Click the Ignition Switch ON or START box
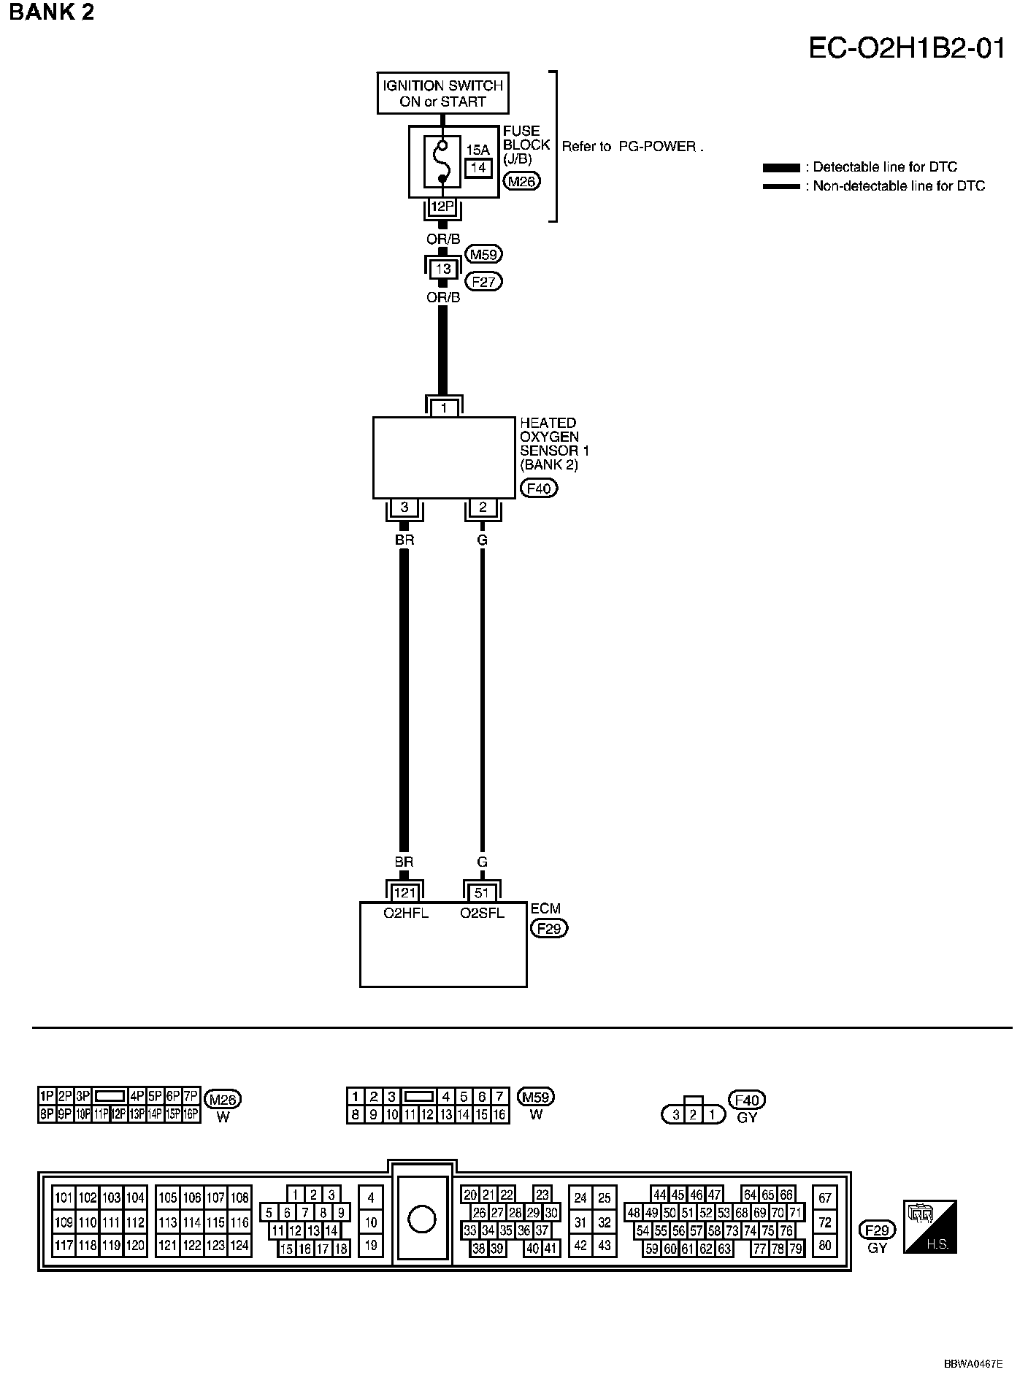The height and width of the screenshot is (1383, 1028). pyautogui.click(x=442, y=93)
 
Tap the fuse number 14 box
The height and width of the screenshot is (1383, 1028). pyautogui.click(x=478, y=167)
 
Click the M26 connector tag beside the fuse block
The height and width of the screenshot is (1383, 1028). pyautogui.click(x=521, y=182)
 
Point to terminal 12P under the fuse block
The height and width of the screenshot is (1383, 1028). pyautogui.click(x=442, y=207)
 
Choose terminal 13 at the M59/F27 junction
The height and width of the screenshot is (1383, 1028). pyautogui.click(x=443, y=269)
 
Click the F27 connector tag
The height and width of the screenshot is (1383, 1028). pyautogui.click(x=483, y=281)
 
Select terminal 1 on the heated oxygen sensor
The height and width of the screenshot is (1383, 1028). pyautogui.click(x=443, y=408)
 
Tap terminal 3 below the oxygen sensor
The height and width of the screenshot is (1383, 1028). pyautogui.click(x=404, y=507)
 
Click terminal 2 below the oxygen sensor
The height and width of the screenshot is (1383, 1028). pyautogui.click(x=482, y=507)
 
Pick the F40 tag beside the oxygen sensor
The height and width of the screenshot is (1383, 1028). pyautogui.click(x=538, y=488)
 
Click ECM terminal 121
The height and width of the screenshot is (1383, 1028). pyautogui.click(x=404, y=892)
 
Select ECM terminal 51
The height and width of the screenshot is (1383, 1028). pyautogui.click(x=482, y=892)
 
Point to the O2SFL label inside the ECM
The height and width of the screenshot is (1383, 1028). pyautogui.click(x=482, y=913)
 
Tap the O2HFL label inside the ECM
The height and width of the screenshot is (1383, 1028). pyautogui.click(x=404, y=913)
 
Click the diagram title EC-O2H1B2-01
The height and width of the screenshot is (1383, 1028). pyautogui.click(x=907, y=48)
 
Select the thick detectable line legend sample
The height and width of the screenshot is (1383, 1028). pyautogui.click(x=780, y=168)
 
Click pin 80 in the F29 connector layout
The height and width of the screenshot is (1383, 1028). pyautogui.click(x=825, y=1246)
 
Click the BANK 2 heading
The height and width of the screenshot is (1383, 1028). pyautogui.click(x=52, y=12)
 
